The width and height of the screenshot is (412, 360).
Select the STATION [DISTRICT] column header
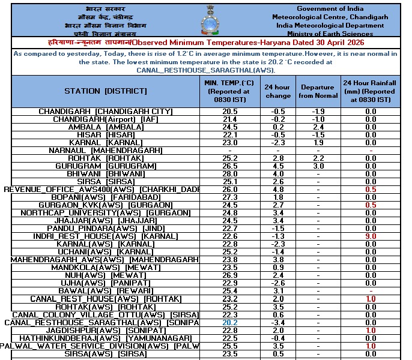(105, 91)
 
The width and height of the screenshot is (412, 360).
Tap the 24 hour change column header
(278, 91)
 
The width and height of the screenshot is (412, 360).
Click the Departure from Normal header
(318, 91)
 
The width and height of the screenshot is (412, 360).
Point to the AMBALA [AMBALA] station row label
(105, 127)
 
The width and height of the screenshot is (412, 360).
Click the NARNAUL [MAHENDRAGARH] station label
(105, 150)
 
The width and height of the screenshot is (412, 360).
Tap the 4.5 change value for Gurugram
(278, 166)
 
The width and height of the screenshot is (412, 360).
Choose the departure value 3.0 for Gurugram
(318, 166)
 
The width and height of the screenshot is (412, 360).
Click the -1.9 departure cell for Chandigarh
(318, 112)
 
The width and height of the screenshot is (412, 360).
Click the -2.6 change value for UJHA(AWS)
(278, 283)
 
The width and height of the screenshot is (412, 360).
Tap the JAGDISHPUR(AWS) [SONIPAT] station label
(105, 331)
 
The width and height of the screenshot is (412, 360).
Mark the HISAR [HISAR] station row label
(105, 135)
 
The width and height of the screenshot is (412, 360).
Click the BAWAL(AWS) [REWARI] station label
(105, 290)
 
